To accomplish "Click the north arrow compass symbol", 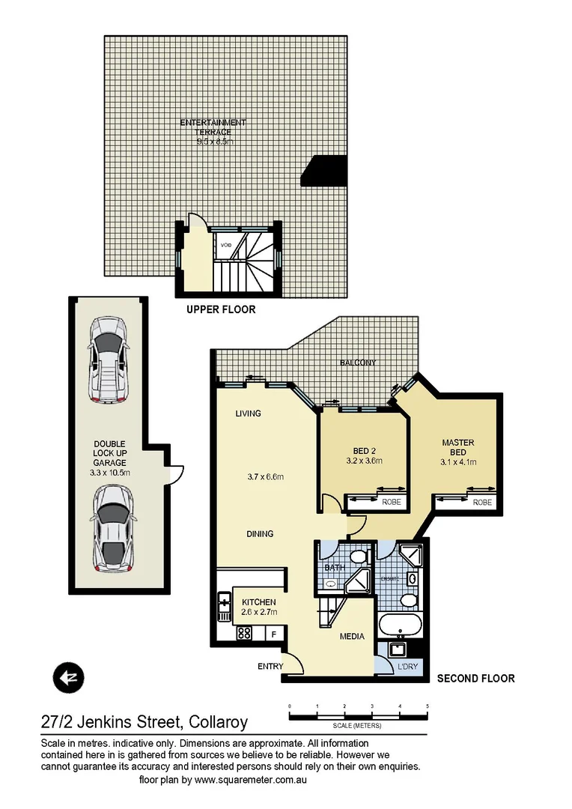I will click(67, 678).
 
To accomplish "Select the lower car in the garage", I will click(112, 527).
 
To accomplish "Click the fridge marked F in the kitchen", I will click(275, 634).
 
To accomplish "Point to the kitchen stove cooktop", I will click(244, 633).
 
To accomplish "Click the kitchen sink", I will click(224, 605).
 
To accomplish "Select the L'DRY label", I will click(407, 666).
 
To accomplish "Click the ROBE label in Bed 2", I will click(391, 503).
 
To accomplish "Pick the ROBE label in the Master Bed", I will click(482, 503).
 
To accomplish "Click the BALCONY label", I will click(358, 363).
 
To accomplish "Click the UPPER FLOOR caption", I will click(221, 309).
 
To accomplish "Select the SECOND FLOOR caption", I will click(475, 678).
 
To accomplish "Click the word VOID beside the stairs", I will click(226, 245).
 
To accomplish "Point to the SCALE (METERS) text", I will click(358, 726).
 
